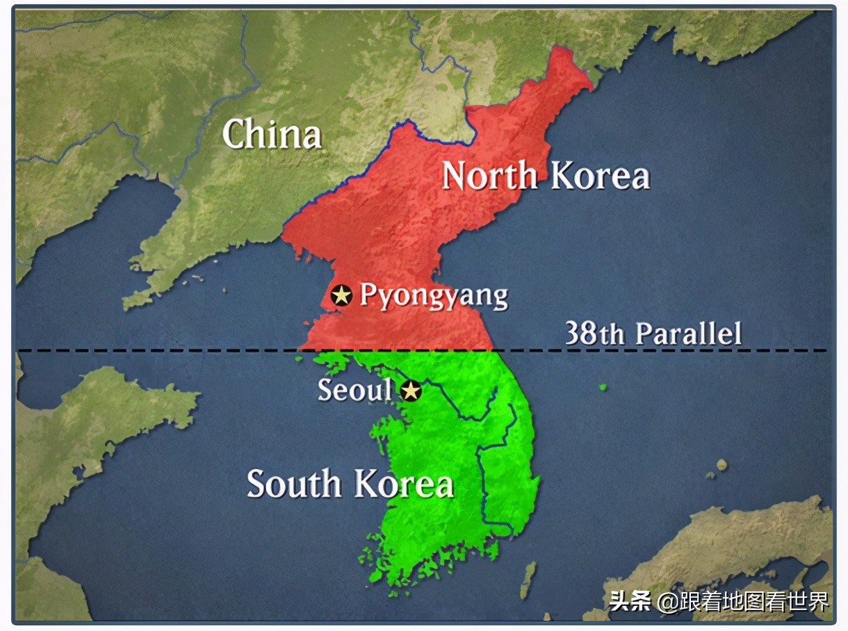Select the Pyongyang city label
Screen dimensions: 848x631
(434, 296)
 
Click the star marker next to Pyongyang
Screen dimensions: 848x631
(341, 295)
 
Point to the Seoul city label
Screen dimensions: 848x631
(354, 390)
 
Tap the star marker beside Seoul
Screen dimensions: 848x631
(411, 391)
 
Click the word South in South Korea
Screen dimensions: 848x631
(294, 483)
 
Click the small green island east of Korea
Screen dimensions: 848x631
(602, 386)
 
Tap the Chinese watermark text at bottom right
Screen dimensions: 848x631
(719, 600)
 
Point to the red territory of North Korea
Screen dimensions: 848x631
(389, 229)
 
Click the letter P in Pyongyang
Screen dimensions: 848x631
(368, 295)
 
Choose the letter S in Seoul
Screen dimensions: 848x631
(325, 390)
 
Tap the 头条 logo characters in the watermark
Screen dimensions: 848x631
(630, 600)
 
